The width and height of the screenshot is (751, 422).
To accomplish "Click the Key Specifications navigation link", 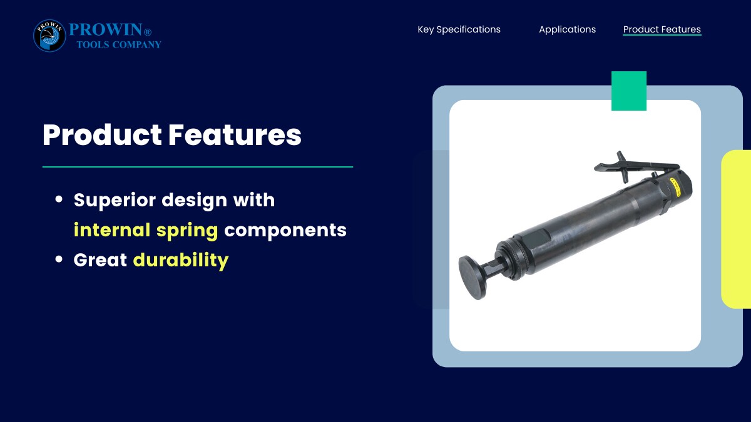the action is [459, 29].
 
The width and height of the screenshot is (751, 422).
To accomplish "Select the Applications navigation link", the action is [567, 29].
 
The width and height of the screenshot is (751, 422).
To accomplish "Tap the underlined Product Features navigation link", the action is [662, 29].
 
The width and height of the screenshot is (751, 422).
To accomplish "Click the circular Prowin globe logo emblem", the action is [49, 36].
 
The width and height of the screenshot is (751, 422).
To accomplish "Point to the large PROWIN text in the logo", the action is [106, 29].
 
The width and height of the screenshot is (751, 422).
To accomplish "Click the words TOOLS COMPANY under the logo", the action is [119, 44].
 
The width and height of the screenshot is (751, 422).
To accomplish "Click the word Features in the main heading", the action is [235, 134].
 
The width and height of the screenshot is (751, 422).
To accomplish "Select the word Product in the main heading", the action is [102, 134].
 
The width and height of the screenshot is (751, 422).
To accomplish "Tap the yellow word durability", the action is [181, 260].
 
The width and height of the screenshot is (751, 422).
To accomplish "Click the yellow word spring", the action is [187, 231].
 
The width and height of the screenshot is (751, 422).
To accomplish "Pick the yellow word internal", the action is [112, 230].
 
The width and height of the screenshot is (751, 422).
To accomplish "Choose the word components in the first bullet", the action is [285, 231].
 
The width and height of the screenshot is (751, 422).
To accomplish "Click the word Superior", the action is [115, 201].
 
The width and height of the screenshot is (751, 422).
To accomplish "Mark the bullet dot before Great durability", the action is [59, 259].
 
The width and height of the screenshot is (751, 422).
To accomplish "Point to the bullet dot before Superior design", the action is [59, 199].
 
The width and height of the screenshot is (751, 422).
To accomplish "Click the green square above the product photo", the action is [629, 91].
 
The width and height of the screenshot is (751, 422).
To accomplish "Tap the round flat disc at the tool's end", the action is [472, 278].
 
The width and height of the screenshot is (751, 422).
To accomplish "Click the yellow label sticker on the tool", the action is [674, 187].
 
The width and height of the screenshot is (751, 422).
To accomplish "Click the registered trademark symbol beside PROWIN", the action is [148, 32].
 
